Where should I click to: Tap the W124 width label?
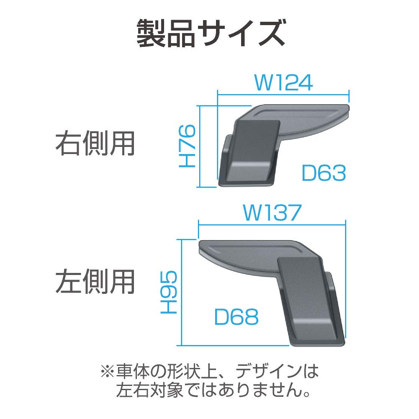[283, 83]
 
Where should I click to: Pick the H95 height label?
[169, 292]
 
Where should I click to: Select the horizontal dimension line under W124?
[283, 94]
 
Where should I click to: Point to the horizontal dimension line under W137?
[272, 225]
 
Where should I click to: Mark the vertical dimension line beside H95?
[180, 292]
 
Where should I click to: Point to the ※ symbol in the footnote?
[105, 371]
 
